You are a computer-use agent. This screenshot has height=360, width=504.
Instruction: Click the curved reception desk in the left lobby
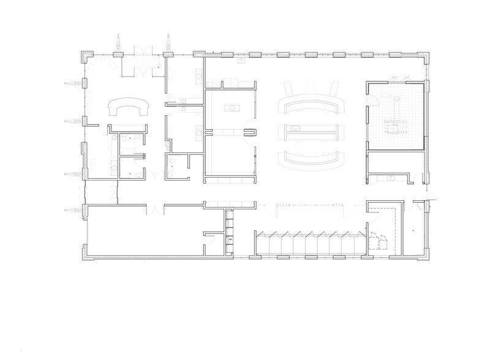coord(128,108)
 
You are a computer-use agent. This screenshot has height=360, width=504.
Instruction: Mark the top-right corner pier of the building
coord(427,56)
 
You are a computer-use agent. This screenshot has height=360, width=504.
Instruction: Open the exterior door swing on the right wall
coord(431,197)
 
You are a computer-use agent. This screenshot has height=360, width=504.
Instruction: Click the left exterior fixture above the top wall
coord(118,45)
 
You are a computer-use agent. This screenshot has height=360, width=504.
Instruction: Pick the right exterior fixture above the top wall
coord(167,45)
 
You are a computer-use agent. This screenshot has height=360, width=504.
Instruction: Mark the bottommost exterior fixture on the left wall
coord(72,211)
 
